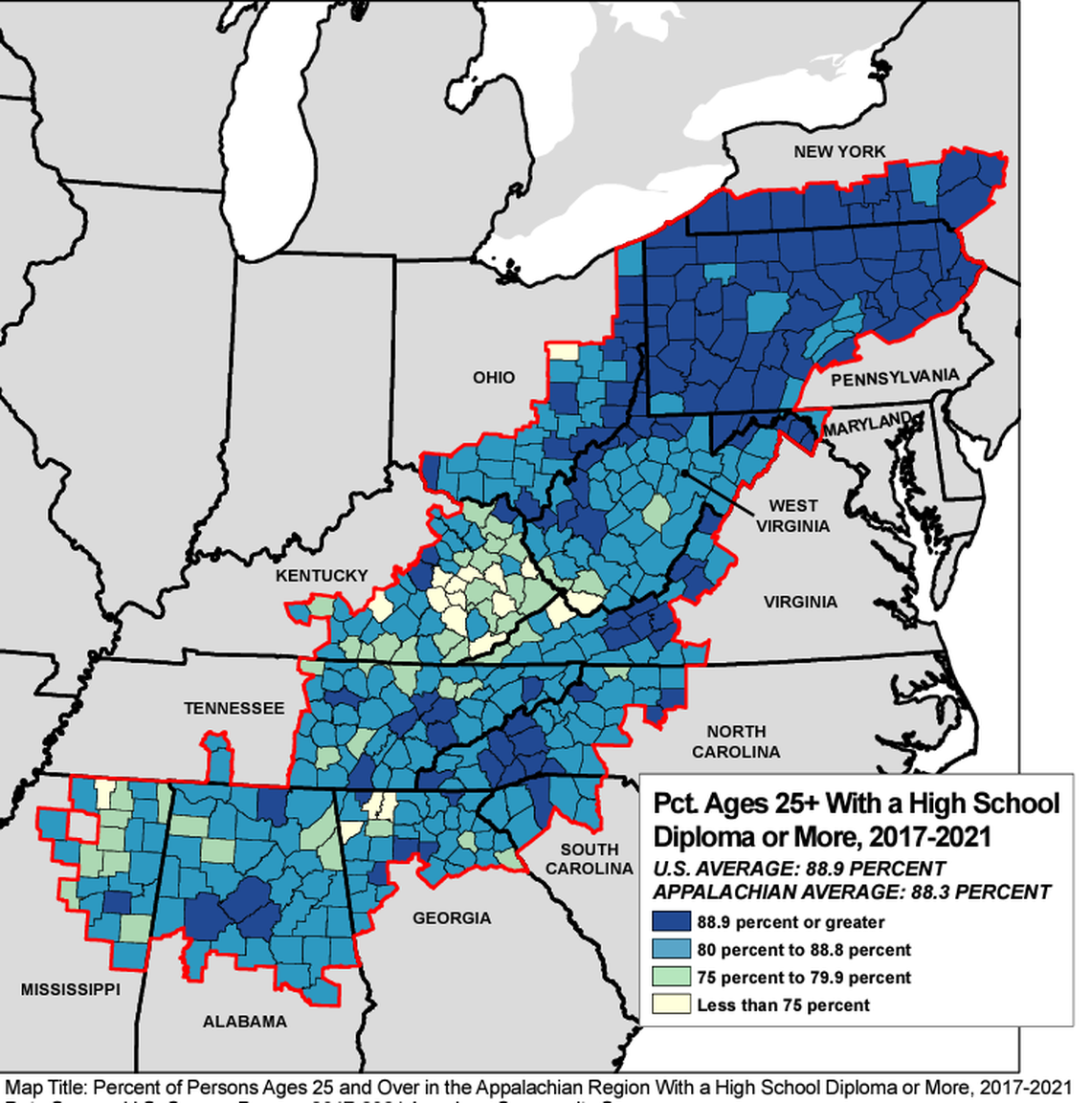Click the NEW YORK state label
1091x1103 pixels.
point(839,151)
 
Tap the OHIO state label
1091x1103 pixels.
point(494,378)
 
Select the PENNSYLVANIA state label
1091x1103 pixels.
point(894,378)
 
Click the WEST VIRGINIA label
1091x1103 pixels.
point(793,516)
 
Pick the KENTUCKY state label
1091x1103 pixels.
point(322,575)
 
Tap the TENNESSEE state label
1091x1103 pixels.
point(234,708)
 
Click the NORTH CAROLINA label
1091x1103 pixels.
point(736,741)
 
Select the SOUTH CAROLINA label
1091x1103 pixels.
point(590,859)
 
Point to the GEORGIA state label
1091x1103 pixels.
point(452,918)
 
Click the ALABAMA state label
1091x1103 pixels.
point(244,1022)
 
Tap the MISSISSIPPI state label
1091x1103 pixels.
point(71,989)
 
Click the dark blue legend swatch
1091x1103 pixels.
point(671,922)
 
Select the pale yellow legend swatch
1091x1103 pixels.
point(671,1004)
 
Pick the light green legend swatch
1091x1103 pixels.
point(671,977)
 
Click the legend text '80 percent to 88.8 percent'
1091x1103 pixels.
point(804,950)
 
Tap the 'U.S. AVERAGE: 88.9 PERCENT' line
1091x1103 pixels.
point(798,870)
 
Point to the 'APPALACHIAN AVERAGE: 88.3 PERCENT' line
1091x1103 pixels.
point(852,893)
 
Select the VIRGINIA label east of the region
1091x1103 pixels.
point(800,602)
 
